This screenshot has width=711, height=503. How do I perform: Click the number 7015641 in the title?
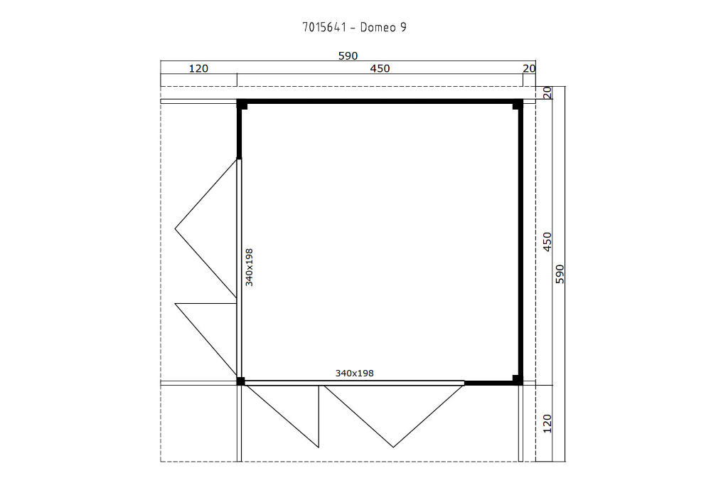point(324,28)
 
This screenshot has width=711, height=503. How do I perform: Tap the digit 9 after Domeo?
point(403,28)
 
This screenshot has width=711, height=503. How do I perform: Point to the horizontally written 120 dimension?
point(198,68)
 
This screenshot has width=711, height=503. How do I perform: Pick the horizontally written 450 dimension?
point(380,68)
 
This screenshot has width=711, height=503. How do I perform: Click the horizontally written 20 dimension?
point(528,68)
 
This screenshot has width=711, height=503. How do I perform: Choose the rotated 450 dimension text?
point(547,242)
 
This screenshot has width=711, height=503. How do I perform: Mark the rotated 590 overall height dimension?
point(559,274)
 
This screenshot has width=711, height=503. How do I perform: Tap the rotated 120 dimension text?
point(547,423)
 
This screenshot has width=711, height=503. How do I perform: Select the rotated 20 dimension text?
point(547,92)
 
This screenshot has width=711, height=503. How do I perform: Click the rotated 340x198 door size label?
point(249,267)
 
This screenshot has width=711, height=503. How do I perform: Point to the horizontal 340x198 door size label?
point(354,373)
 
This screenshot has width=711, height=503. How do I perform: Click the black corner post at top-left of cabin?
point(242,105)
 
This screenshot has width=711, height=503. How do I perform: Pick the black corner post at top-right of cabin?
point(517,105)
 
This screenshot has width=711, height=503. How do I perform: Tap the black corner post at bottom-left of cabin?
point(241,381)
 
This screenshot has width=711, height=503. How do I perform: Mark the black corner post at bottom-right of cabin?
point(517,379)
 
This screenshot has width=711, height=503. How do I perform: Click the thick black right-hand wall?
point(520,242)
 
